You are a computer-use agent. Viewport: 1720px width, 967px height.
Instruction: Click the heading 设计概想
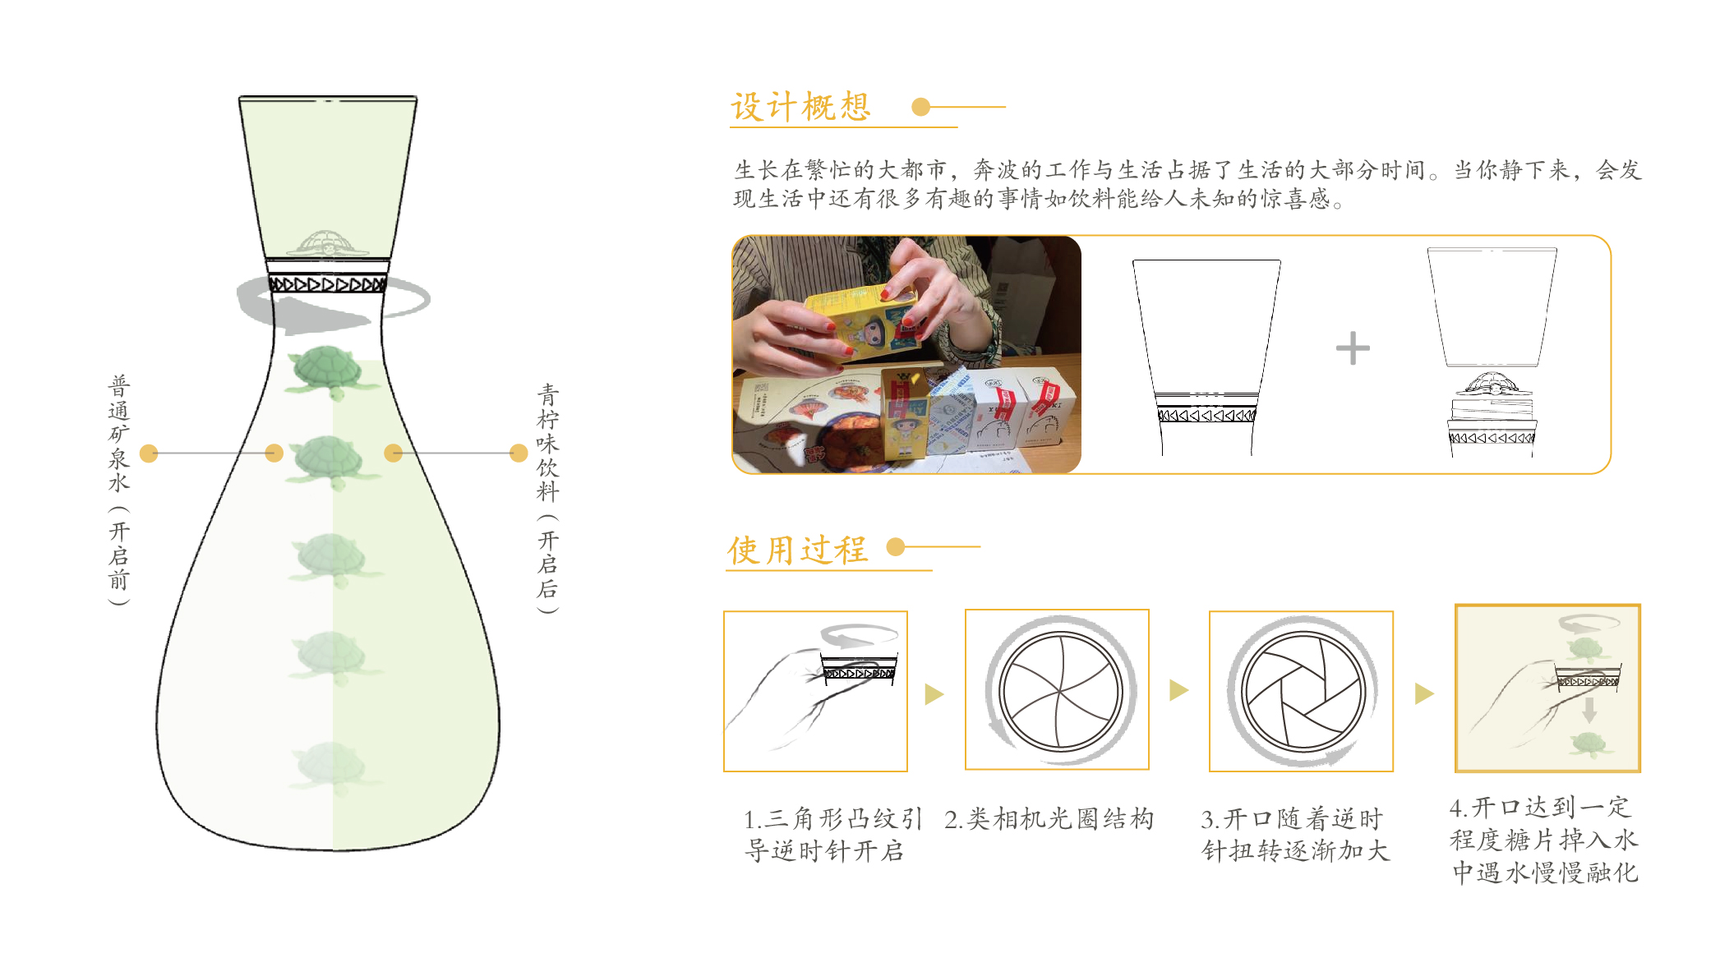[800, 107]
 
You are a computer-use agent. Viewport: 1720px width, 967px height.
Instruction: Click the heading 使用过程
[797, 550]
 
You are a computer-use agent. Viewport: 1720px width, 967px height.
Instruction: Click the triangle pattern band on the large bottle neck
[327, 284]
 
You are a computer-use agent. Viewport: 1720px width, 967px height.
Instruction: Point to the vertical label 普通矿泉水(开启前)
[119, 489]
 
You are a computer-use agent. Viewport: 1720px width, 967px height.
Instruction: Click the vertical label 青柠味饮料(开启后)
[547, 497]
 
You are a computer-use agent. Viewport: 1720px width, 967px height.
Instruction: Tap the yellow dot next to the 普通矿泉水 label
[149, 454]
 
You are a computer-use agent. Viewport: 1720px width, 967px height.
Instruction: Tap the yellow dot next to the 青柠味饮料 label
[519, 454]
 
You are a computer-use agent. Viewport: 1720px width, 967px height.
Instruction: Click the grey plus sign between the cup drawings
[1353, 348]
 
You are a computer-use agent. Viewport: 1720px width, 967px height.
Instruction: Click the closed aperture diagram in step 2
[1060, 691]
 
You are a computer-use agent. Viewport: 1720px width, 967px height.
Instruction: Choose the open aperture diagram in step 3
[1302, 691]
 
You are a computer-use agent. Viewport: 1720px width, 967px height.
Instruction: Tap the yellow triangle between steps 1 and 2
[934, 694]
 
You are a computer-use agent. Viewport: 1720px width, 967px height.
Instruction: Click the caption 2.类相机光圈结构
[1049, 819]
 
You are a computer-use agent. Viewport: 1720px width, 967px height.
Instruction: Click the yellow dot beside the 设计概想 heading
[921, 107]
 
